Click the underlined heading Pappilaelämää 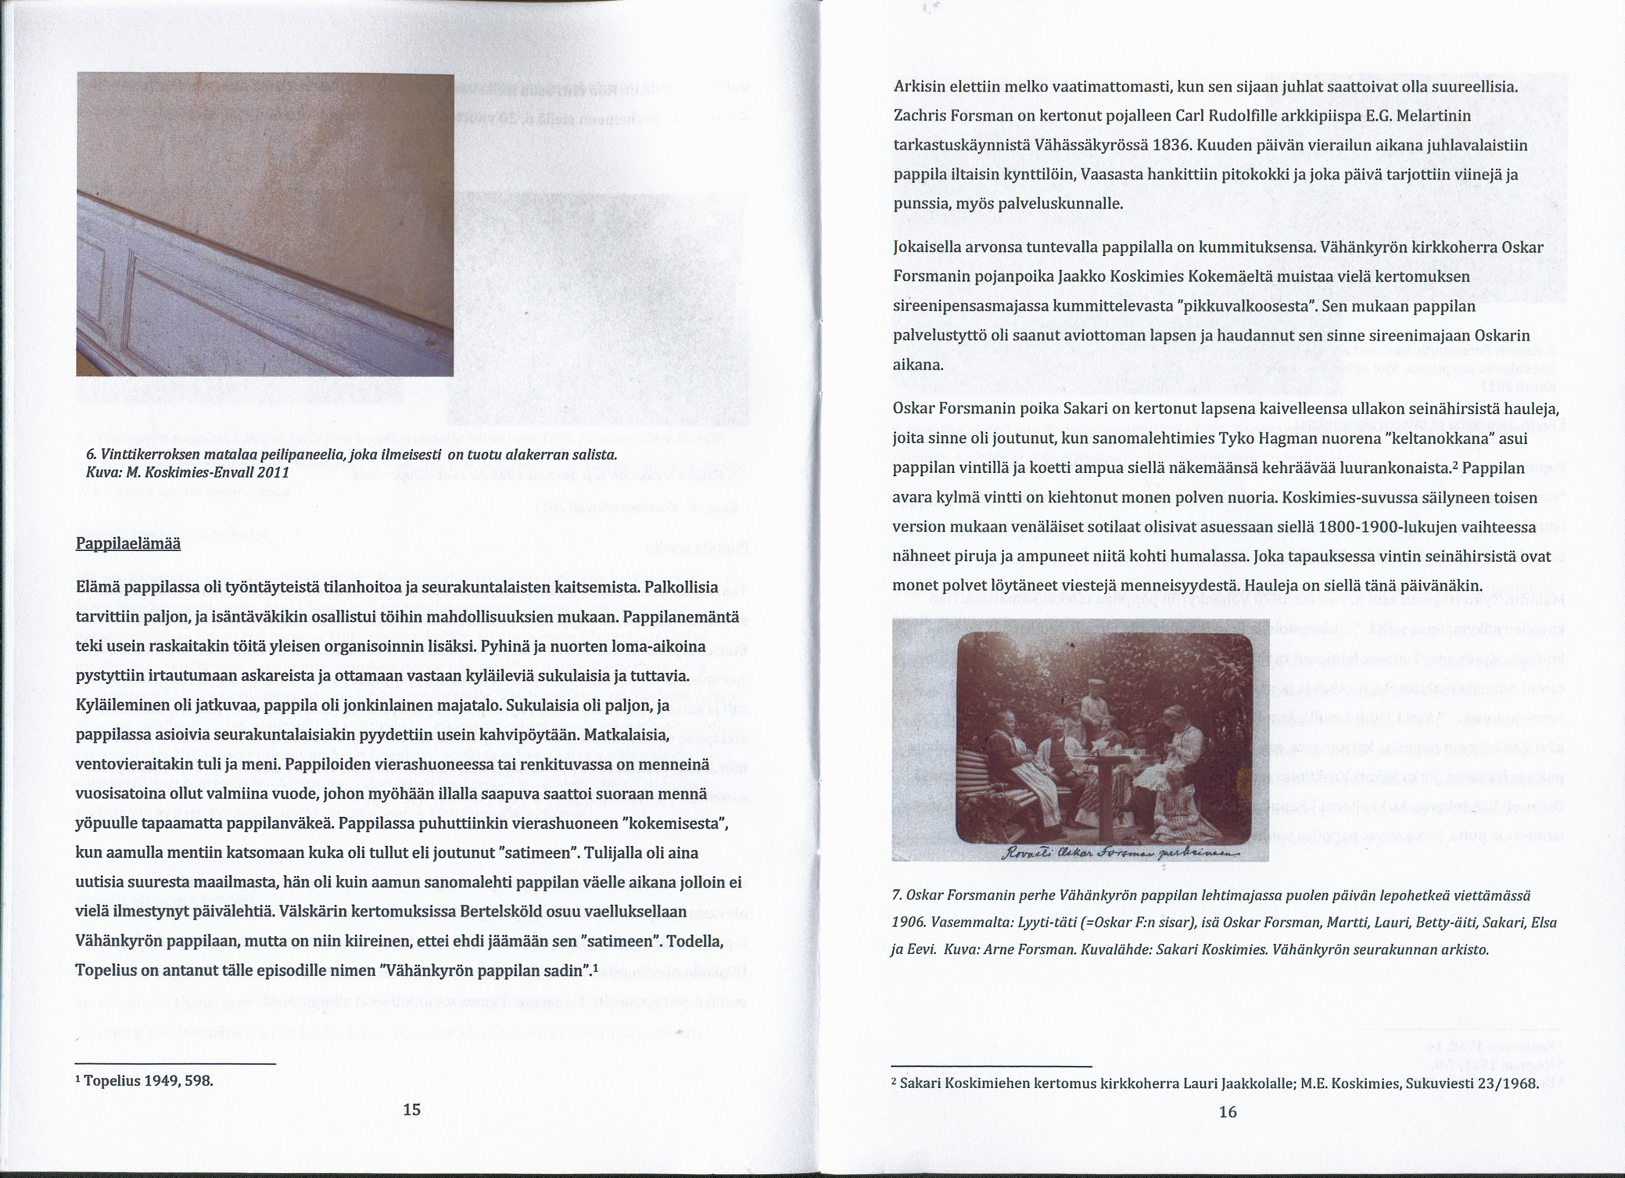[128, 544]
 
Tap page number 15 [411, 1110]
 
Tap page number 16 [1227, 1112]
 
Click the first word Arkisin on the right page [919, 87]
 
